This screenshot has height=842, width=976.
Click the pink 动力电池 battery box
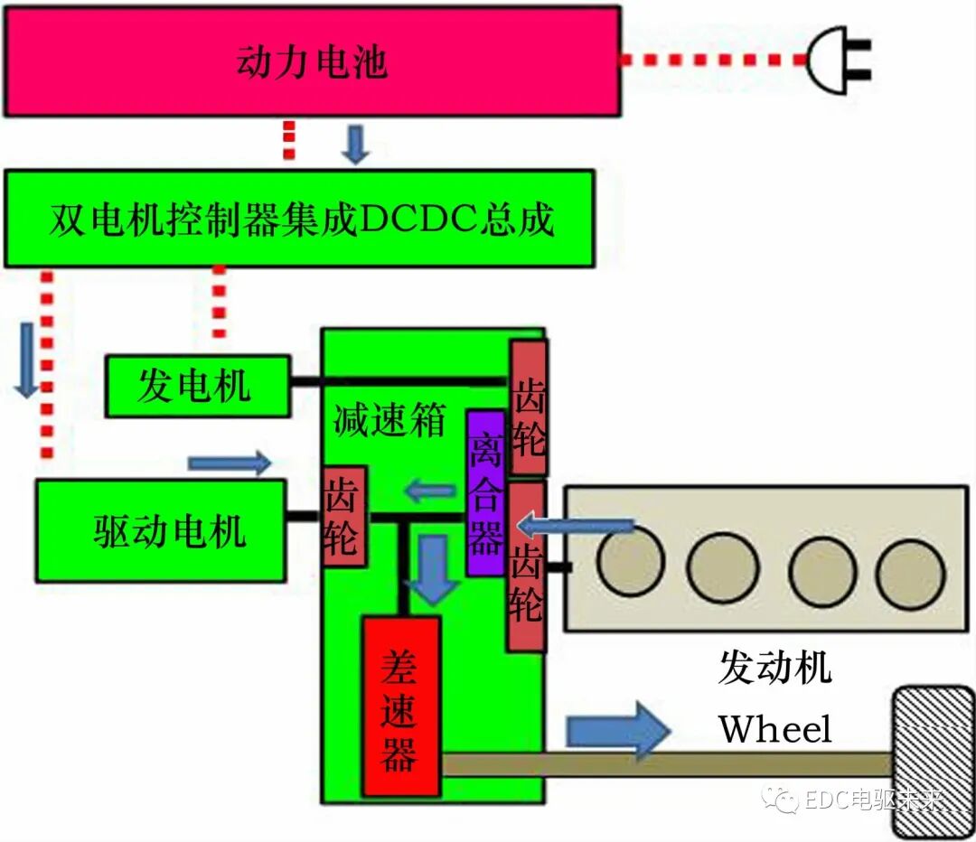(x=312, y=61)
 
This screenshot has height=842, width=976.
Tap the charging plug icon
(x=839, y=61)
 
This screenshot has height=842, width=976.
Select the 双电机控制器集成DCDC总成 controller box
(x=299, y=219)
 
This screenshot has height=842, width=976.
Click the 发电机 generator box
(x=198, y=387)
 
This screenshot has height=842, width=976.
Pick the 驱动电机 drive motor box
(x=161, y=531)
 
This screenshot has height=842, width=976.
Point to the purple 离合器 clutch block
(x=485, y=492)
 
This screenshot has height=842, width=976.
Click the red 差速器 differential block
(x=400, y=706)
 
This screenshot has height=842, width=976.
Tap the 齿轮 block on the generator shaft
(x=528, y=408)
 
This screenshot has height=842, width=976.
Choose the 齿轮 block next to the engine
(x=526, y=566)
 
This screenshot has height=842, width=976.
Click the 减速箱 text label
(x=389, y=420)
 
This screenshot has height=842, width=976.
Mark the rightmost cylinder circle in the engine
(x=910, y=573)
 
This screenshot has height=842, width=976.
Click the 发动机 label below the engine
(x=774, y=668)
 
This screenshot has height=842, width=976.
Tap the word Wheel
(x=774, y=727)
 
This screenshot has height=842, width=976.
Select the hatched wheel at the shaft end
(x=933, y=761)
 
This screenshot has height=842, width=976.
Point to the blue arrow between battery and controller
(x=357, y=145)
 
